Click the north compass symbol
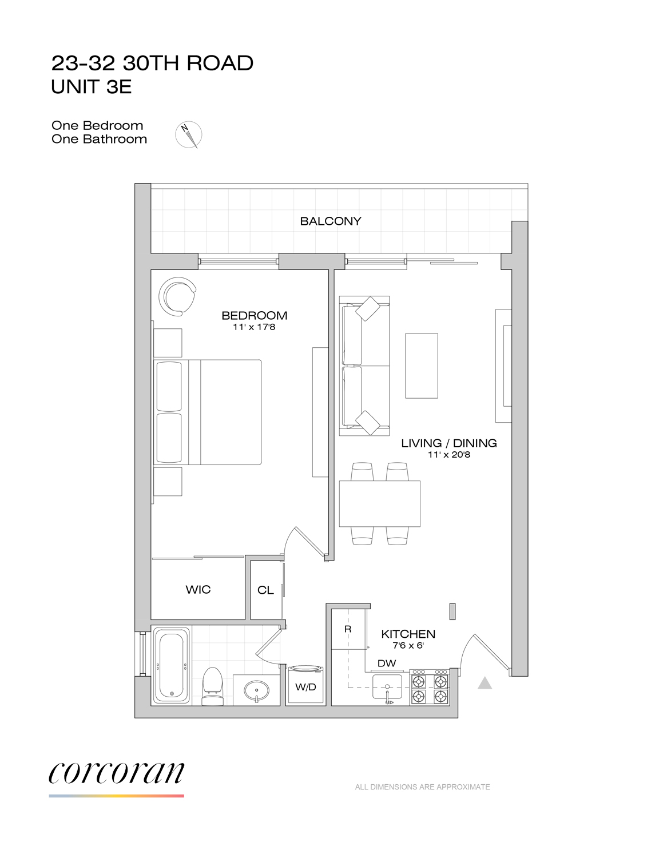point(189,135)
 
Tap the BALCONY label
point(331,221)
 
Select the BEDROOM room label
point(254,315)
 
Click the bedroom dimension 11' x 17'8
point(254,327)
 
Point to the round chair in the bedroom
point(177,296)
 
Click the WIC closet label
point(198,590)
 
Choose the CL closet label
point(265,590)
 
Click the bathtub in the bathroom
point(172,665)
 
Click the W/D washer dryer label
point(305,687)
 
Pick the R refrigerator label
point(348,629)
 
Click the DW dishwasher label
point(387,664)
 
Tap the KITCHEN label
point(408,634)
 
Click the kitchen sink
point(387,688)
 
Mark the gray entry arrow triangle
point(485,683)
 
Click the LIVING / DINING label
point(448,443)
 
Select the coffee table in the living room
point(422,366)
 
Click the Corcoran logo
point(117,773)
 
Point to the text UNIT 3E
point(92,87)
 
